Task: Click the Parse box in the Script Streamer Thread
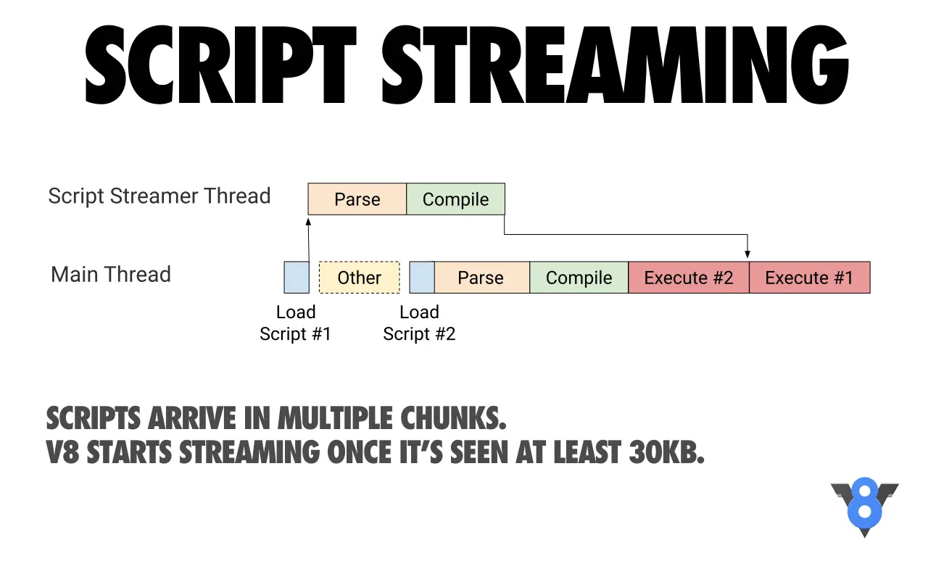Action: coord(357,199)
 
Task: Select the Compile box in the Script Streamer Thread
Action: coord(456,199)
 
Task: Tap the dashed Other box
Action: coord(359,277)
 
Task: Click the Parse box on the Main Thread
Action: coord(482,277)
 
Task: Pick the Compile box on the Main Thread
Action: coord(579,277)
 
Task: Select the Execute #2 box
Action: coord(689,277)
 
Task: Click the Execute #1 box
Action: coord(810,277)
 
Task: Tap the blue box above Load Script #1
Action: coord(297,277)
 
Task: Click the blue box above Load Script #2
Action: coord(422,277)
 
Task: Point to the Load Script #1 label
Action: coord(295,323)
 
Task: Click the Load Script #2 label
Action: coord(419,323)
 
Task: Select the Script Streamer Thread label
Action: coord(159,196)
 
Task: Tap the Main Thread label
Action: coord(111,274)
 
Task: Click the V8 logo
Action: coord(865,507)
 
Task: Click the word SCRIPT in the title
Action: coord(221,65)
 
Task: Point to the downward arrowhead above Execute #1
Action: coord(747,254)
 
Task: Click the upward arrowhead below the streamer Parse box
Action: coord(308,222)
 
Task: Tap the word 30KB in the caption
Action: coord(666,452)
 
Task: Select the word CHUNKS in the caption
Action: coord(453,417)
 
